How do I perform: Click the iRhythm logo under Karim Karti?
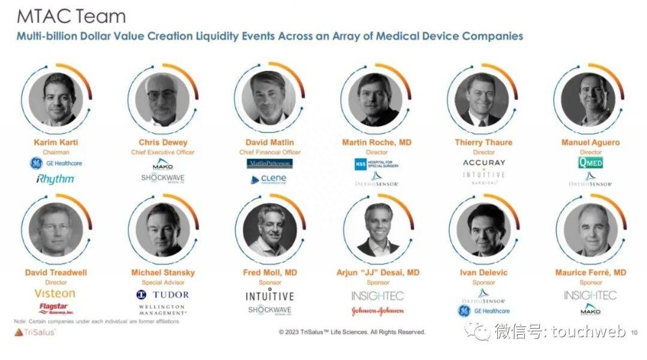coord(55,179)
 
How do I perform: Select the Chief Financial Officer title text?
coord(269,152)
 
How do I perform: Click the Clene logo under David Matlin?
coord(269,179)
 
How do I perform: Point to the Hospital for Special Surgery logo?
coord(376,163)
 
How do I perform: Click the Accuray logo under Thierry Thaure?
coord(483,162)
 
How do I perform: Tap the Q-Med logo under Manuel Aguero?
coord(590,162)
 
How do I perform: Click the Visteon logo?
coord(55,294)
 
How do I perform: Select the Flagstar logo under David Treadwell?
coord(56,308)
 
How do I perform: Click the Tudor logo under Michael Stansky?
coord(162,294)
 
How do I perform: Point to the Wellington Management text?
coord(162,309)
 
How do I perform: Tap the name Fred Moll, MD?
coord(270,273)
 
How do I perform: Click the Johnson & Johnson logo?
coord(377,311)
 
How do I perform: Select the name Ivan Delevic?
coord(483,273)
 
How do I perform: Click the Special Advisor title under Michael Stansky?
coord(162,282)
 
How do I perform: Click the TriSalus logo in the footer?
coord(35,332)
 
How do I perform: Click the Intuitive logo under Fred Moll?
coord(270,295)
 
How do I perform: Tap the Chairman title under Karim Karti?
coord(56,152)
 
